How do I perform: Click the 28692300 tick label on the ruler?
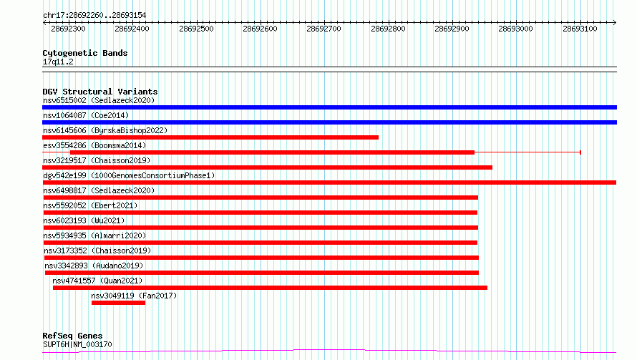coord(69,29)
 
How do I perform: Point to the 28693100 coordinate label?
coord(580,29)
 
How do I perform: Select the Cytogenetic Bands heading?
coord(84,53)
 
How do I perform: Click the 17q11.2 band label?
coord(58,62)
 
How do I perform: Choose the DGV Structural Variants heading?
coord(99,92)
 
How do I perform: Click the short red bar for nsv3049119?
coord(118,303)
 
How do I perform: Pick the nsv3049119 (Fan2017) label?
coord(134,296)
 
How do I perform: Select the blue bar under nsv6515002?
coord(329,107)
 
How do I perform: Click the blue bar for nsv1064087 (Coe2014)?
coord(329,122)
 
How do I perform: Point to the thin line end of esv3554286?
coord(580,152)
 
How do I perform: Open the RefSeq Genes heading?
coord(72,336)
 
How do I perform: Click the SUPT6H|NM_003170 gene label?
coord(77,344)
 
